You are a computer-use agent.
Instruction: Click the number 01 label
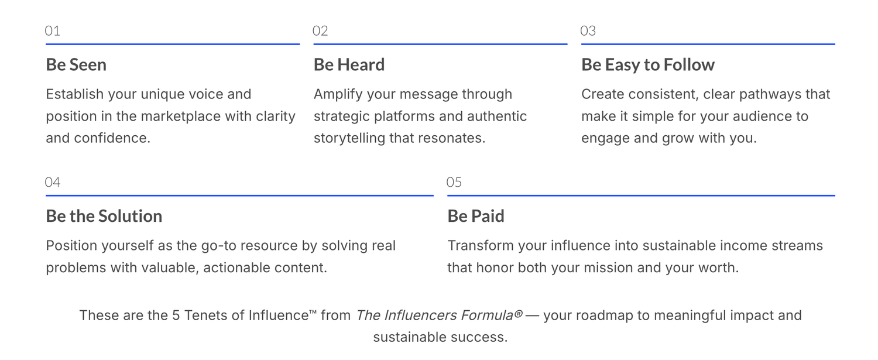53,30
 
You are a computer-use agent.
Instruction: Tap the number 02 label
320,30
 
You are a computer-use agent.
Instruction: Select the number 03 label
588,30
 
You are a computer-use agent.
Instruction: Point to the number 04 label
53,182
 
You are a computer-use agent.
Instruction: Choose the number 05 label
454,182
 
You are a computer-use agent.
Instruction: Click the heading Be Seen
76,65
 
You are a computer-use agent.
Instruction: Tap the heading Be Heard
349,65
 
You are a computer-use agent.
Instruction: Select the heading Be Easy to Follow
648,65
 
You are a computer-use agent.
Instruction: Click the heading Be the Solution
104,216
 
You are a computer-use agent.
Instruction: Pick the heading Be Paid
476,216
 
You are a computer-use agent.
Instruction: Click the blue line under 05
642,196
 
